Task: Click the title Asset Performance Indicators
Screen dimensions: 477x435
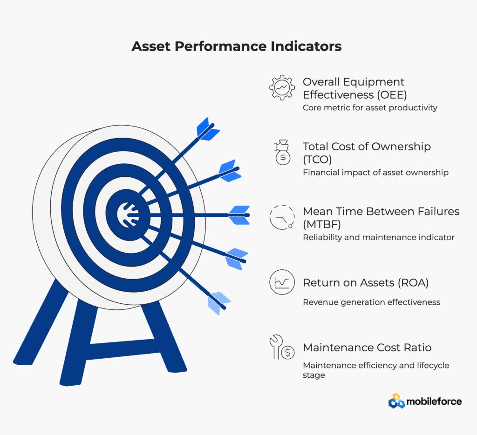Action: (x=236, y=47)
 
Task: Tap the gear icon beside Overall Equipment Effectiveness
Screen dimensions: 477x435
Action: (x=282, y=87)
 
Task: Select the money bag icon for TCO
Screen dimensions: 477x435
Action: (x=283, y=153)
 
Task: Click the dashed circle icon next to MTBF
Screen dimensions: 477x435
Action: (x=282, y=217)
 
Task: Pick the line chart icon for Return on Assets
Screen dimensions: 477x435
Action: (x=282, y=282)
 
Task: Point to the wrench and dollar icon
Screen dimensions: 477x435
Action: (x=282, y=347)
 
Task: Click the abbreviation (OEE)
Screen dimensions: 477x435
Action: (x=392, y=95)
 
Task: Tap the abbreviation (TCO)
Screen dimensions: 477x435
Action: (x=317, y=160)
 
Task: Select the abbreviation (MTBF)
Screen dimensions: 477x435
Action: (x=322, y=224)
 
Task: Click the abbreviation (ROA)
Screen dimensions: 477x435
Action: (x=413, y=282)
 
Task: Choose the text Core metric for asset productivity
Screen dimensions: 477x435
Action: (x=370, y=107)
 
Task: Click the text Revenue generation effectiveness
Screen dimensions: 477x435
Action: (x=371, y=302)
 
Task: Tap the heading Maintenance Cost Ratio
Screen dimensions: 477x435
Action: (x=367, y=347)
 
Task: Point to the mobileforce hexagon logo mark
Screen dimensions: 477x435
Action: (x=397, y=401)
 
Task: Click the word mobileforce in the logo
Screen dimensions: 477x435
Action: (x=434, y=402)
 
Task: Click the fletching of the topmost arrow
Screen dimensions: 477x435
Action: (x=208, y=129)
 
